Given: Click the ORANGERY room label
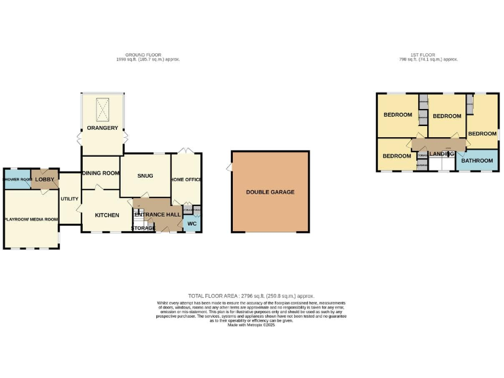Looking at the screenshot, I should tap(102, 127).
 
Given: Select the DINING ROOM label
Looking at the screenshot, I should tap(101, 173).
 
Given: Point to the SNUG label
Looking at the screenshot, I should tap(145, 175).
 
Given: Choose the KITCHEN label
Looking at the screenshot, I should tap(106, 215).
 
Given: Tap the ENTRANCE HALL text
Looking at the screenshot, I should tap(157, 215).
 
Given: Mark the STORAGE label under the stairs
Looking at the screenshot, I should tap(143, 228).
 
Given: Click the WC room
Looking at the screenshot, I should tap(192, 224).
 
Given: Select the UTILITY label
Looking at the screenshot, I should tap(70, 198).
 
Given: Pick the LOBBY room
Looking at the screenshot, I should tap(45, 179).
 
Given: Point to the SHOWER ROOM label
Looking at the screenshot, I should tap(18, 179).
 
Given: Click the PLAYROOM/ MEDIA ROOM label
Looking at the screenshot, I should tap(31, 219).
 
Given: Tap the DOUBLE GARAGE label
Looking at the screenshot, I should tap(270, 192).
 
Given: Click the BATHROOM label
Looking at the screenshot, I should tap(477, 161).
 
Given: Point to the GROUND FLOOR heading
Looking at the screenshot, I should tap(143, 54).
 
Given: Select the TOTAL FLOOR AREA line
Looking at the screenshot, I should tap(251, 296).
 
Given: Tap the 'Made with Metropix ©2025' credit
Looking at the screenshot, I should tap(251, 324).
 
